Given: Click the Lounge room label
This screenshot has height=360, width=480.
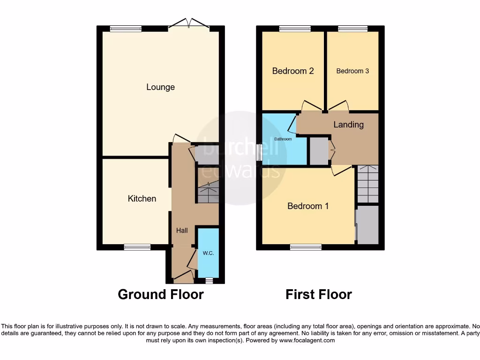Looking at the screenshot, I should pos(160,87).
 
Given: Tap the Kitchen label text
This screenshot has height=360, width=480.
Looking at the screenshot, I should pos(142,199).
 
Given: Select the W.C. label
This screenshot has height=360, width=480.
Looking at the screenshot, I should pos(208,253).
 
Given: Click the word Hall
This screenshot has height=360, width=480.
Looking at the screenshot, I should pos(182,230).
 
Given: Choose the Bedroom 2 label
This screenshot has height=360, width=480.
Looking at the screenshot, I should pos(293,71).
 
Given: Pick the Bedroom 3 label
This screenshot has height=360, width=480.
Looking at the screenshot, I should pos(352,71).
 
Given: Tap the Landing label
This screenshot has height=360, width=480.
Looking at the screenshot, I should pos(348,125).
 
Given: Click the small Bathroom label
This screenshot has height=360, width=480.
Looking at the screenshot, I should pos(283,139).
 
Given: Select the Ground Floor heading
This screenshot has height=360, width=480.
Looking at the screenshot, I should pos(160,294).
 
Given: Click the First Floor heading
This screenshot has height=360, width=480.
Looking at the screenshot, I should pos(319,294).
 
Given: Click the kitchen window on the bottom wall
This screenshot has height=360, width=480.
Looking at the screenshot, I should pos(137,247).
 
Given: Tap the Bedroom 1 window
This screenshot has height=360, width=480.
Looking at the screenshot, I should pos(306,247).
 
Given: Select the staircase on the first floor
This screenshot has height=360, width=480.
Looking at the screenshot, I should pos(368,184).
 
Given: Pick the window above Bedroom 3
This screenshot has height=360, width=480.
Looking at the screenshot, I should pos(353,29).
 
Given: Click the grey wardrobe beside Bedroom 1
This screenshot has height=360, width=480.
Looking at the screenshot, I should pos(367,225).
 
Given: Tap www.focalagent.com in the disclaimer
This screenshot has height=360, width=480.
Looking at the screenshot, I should pos(307,340).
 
